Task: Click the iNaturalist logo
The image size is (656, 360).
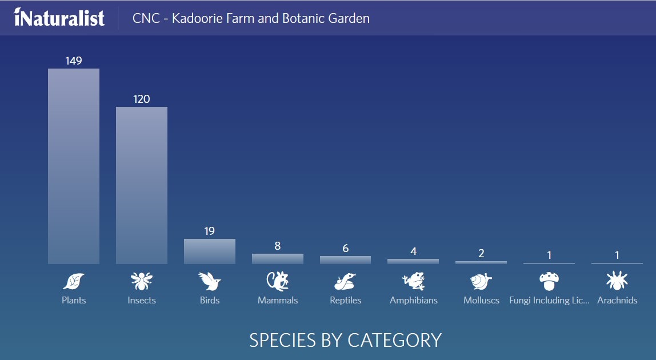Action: [59, 18]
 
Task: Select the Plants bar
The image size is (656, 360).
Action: [74, 166]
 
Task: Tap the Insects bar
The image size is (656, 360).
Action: [141, 186]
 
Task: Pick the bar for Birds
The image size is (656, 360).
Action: [210, 251]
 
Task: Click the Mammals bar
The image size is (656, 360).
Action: [277, 259]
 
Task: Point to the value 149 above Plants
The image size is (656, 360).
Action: [74, 61]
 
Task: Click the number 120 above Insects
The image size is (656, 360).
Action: [141, 99]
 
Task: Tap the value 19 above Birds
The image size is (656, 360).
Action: [210, 231]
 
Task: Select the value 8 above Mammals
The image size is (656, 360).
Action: [277, 246]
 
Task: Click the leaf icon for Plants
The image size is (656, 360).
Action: [74, 281]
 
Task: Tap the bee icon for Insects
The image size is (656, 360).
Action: [141, 281]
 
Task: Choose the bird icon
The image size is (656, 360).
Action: [210, 281]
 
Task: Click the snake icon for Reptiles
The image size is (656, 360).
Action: [345, 281]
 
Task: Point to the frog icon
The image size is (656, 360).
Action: [413, 281]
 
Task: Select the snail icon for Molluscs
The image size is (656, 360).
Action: [481, 281]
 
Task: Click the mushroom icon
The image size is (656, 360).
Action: [549, 281]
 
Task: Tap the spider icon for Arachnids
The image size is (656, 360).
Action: [617, 281]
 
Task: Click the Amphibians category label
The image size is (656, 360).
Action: [413, 301]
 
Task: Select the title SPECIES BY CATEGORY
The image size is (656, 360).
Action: [346, 341]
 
